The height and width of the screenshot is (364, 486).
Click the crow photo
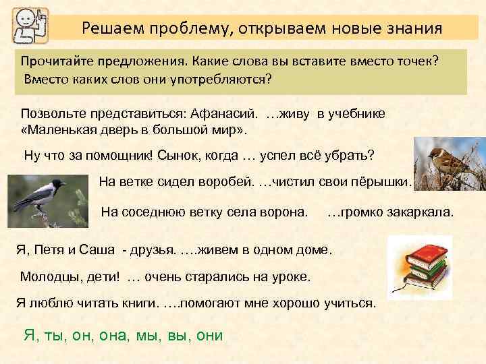pyautogui.click(x=47, y=199)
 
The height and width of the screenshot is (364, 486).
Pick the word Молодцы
pyautogui.click(x=49, y=277)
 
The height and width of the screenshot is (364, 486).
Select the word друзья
pyautogui.click(x=151, y=250)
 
